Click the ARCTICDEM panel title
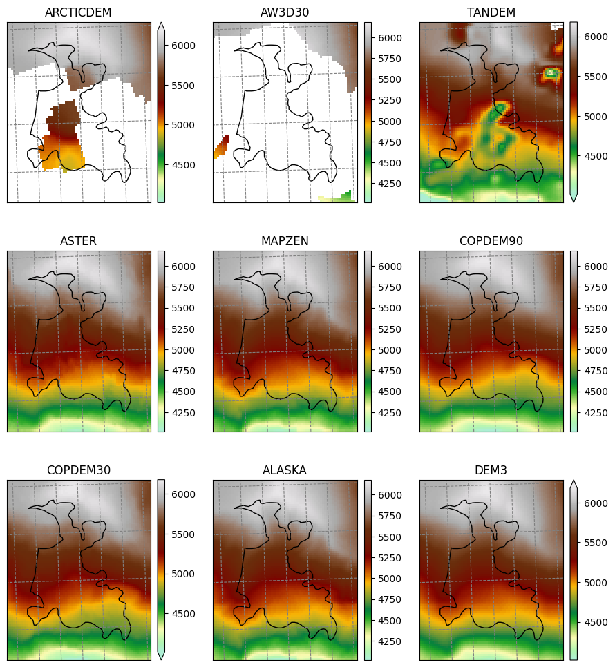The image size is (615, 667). point(78,12)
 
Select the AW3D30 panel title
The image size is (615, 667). point(285,12)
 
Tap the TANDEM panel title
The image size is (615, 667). point(491,12)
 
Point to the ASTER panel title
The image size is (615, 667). point(78,241)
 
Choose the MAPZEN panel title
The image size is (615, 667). point(285,241)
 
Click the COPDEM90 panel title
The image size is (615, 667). point(491,241)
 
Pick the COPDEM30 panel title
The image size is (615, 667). point(78,470)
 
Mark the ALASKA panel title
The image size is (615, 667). point(285,470)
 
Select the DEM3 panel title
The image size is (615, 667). point(491,470)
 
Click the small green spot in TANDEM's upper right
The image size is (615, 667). point(551,72)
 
